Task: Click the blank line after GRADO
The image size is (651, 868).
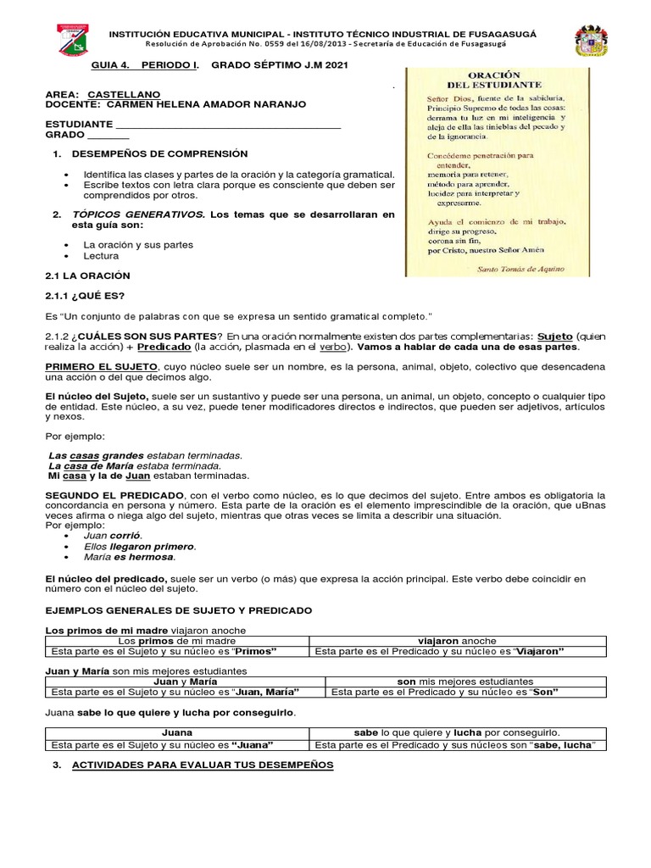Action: (108, 135)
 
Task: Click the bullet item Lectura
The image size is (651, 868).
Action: (102, 255)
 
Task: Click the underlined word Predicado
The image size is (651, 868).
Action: (164, 348)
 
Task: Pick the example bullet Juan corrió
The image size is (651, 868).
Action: (113, 536)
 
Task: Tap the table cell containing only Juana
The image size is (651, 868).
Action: (176, 732)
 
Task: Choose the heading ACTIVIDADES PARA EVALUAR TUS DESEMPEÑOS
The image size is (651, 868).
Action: (203, 765)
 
